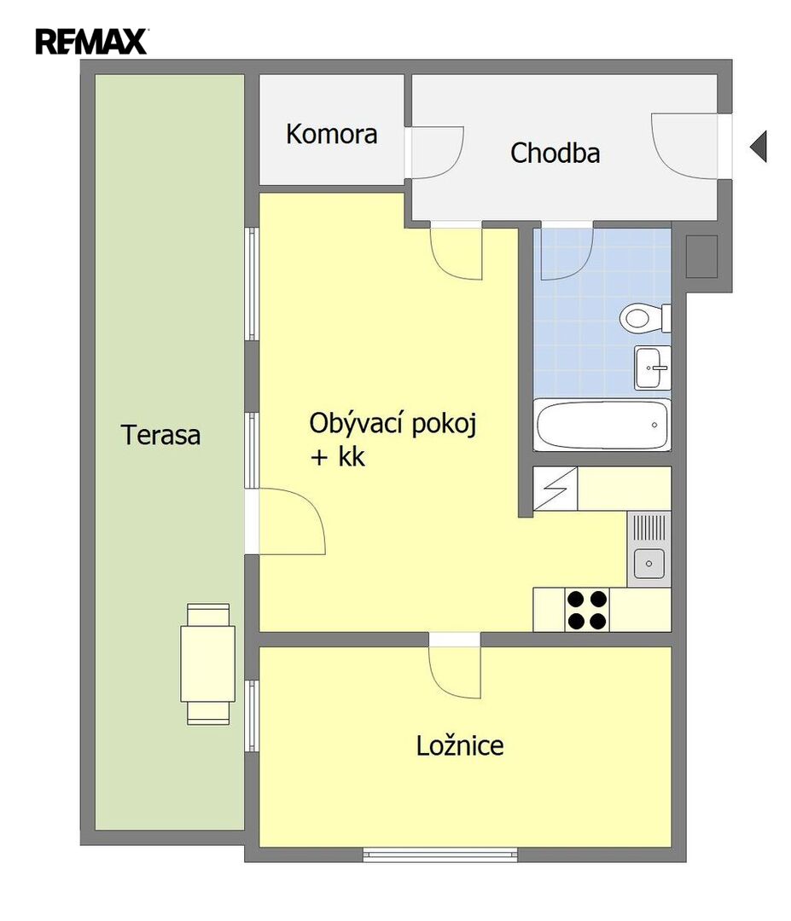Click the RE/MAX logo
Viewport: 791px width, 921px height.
click(91, 41)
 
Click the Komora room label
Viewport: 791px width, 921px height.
click(331, 134)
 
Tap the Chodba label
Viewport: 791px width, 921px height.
click(555, 153)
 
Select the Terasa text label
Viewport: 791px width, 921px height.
click(160, 435)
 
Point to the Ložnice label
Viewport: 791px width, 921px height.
click(460, 745)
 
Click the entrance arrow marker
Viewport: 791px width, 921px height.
click(758, 147)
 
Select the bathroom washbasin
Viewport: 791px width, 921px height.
click(652, 368)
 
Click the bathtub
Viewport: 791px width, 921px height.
click(602, 425)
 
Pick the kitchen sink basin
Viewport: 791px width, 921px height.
click(649, 564)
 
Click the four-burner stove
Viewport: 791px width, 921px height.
click(587, 610)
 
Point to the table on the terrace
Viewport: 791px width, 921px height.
click(208, 663)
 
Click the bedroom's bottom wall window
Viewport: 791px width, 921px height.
click(440, 854)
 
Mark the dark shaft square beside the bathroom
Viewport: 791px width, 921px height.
click(701, 257)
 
